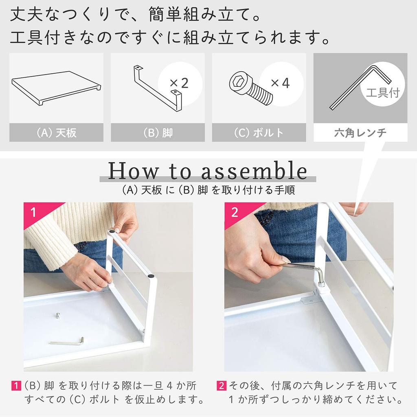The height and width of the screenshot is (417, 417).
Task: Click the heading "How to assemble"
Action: [x=208, y=171]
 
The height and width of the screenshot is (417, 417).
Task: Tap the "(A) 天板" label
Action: [x=56, y=133]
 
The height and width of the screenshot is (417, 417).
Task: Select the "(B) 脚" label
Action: [x=158, y=133]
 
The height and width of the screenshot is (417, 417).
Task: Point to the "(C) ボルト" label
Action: [x=259, y=133]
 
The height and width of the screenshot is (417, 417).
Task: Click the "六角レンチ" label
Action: [x=360, y=133]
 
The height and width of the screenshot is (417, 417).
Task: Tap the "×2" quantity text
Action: [x=179, y=83]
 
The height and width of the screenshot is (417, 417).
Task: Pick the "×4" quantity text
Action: [x=280, y=83]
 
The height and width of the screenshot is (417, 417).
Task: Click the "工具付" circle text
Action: [x=383, y=93]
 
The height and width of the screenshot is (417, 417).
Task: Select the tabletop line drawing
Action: [x=56, y=88]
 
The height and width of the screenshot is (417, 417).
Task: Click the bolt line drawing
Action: [x=251, y=88]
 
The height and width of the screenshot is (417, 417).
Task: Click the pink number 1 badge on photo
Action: [x=33, y=212]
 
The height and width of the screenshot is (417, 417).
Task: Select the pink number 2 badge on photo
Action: [x=234, y=212]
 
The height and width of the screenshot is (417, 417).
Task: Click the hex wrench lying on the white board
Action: [x=67, y=342]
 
